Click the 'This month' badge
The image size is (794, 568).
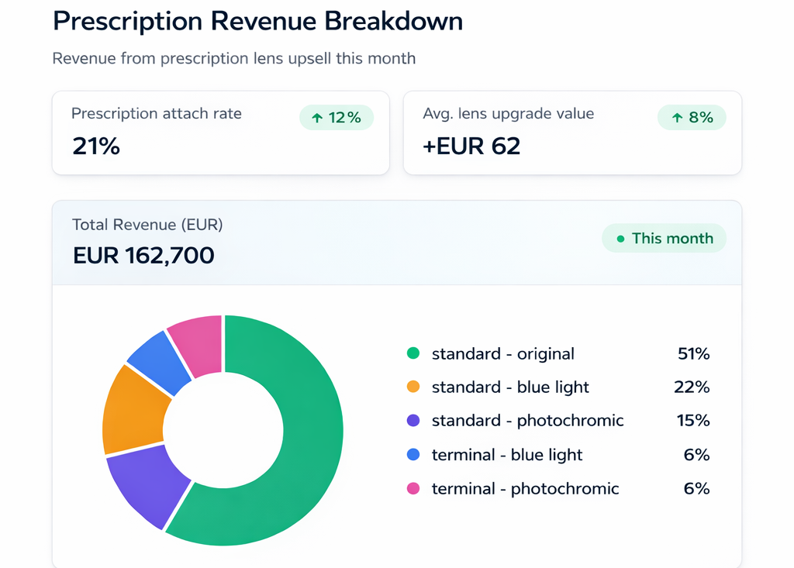tap(664, 239)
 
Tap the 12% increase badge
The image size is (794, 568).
tap(337, 118)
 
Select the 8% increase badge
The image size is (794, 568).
tap(692, 118)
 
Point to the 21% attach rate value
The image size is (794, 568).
tap(96, 146)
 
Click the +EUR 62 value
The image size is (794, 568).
tap(471, 146)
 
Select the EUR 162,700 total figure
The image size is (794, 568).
tap(143, 256)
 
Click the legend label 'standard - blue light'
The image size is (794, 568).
tap(510, 387)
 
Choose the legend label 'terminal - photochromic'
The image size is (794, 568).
tap(525, 489)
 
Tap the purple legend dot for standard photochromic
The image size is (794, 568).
tap(413, 421)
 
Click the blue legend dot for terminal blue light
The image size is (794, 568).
tap(413, 455)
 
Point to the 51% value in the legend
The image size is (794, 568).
tap(693, 354)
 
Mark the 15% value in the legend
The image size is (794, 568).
tap(693, 421)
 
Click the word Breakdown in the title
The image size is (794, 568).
tap(393, 21)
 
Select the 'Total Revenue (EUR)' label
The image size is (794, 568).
tap(147, 225)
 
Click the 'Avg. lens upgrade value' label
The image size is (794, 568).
tap(509, 114)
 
